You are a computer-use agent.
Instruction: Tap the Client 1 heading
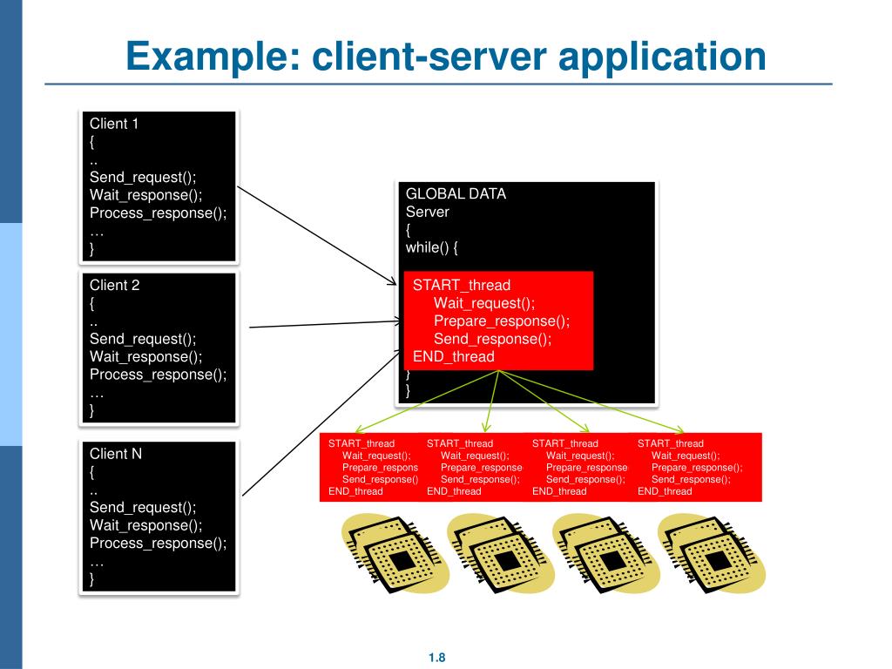114,124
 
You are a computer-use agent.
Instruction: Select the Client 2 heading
114,285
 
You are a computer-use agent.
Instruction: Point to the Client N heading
115,454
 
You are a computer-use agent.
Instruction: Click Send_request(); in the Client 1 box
143,178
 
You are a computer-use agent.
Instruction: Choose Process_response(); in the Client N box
158,543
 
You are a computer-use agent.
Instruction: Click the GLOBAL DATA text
456,193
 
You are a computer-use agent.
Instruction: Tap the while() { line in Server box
431,247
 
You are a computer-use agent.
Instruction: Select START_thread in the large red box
462,285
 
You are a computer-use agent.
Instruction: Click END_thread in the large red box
453,356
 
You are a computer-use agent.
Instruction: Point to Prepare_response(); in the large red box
502,321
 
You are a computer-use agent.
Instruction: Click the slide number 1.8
437,658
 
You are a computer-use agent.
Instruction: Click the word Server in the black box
428,212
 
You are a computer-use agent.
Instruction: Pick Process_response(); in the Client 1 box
158,213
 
